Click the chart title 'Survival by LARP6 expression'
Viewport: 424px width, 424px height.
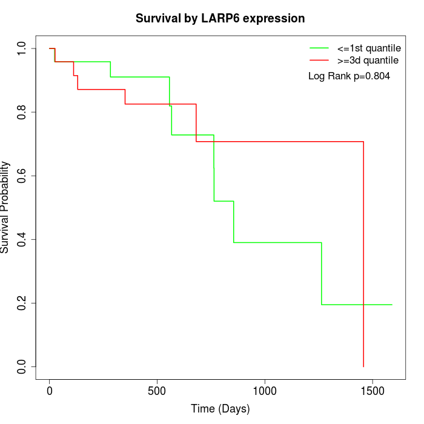[x=220, y=19]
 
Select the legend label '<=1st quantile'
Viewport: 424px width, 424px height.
[x=369, y=48]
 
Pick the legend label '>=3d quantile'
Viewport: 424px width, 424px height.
[x=368, y=61]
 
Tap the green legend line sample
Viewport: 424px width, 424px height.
[x=319, y=48]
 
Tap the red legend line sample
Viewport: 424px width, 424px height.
[x=319, y=61]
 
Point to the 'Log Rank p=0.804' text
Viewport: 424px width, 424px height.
[x=349, y=76]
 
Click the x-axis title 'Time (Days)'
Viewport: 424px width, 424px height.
[x=220, y=409]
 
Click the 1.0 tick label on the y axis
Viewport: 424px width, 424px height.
[x=22, y=48]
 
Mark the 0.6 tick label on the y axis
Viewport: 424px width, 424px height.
[x=22, y=176]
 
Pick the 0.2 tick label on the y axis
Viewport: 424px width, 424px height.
[x=22, y=303]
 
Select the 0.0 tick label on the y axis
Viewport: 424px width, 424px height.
[x=22, y=366]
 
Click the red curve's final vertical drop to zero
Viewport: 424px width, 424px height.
[x=363, y=254]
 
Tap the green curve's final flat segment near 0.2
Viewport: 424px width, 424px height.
[x=357, y=305]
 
